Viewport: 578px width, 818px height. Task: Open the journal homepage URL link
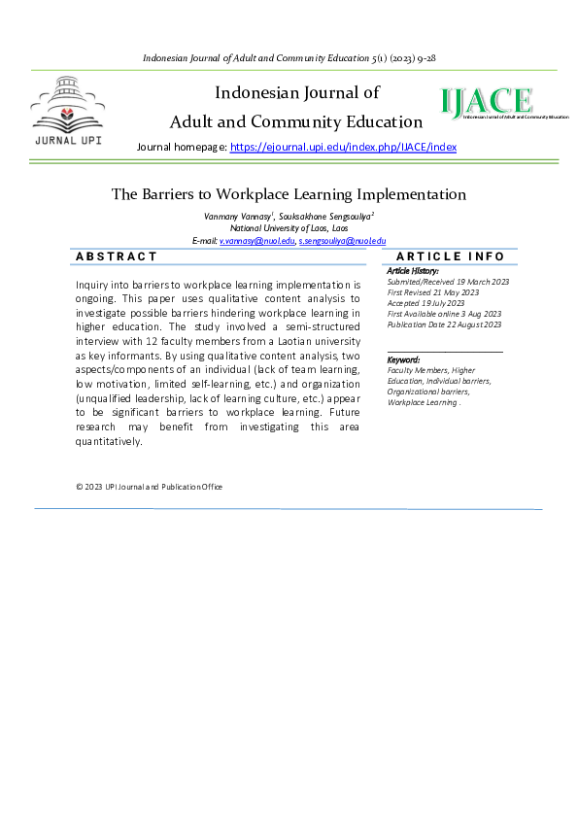coord(343,147)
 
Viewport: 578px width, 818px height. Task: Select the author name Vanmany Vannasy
coord(238,216)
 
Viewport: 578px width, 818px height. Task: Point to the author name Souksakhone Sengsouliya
coord(315,216)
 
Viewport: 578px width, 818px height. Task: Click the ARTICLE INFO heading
coord(450,256)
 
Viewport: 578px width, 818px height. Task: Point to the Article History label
coord(413,270)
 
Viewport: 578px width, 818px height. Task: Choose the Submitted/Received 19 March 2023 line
coord(448,282)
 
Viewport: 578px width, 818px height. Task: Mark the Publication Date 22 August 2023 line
coord(444,324)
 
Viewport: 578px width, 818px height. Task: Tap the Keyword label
coord(403,359)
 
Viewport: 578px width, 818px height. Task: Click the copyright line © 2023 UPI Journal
coord(149,487)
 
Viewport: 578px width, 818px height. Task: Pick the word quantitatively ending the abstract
coord(108,441)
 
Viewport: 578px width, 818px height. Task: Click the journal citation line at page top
coord(289,58)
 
